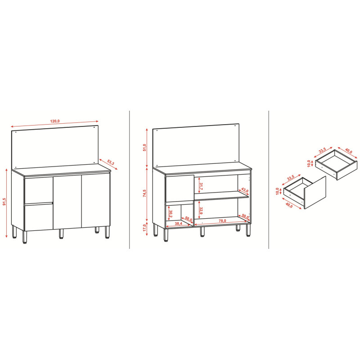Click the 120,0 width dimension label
(x=55, y=121)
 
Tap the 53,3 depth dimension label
(x=111, y=162)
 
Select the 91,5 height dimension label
(x=4, y=202)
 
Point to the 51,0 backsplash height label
(x=144, y=148)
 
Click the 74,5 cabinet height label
(x=144, y=193)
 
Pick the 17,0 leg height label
(x=144, y=228)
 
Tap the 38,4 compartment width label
(x=178, y=223)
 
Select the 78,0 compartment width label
(x=222, y=221)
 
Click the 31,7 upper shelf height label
(x=201, y=186)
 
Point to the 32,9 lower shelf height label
(x=201, y=211)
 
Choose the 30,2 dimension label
(x=171, y=214)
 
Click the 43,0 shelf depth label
(x=245, y=190)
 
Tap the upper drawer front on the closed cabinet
(x=39, y=190)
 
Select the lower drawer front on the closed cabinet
(x=39, y=217)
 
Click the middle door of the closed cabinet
(x=67, y=202)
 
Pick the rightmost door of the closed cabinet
(x=96, y=200)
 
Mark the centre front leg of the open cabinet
(x=202, y=231)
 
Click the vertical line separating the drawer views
(x=269, y=180)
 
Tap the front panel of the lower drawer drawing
(x=315, y=193)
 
